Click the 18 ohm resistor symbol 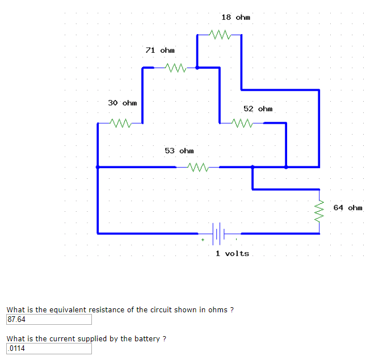point(220,35)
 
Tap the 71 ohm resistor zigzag point(175,68)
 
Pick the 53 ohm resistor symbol point(197,168)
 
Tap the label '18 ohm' point(235,18)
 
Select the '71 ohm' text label point(160,51)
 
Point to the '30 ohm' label point(123,103)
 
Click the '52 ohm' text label point(258,108)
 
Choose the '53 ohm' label point(179,151)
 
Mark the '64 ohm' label point(347,208)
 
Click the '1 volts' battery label point(232,253)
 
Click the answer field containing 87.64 point(49,320)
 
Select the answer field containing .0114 point(49,349)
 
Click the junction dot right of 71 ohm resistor point(197,68)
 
